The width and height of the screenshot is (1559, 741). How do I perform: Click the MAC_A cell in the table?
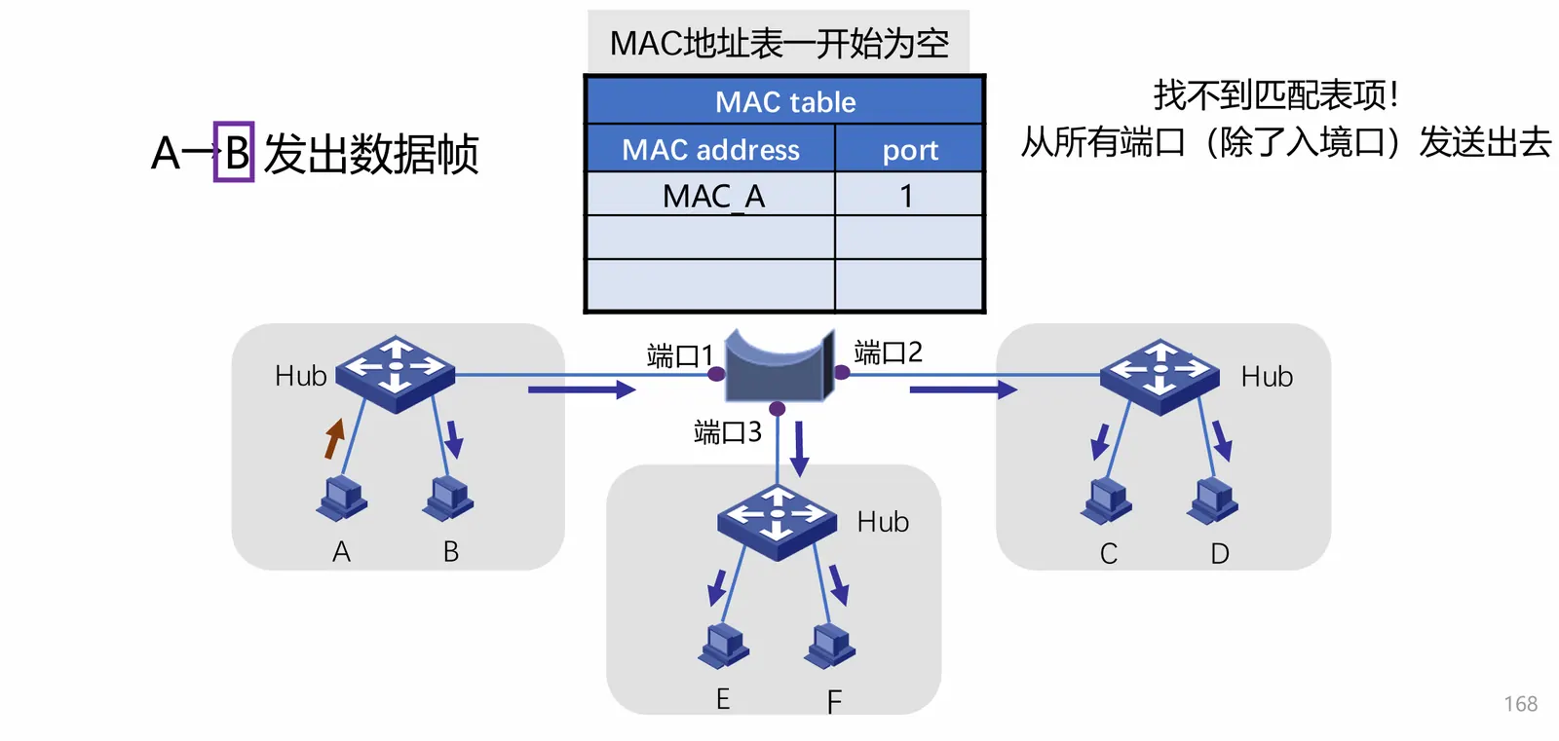click(712, 196)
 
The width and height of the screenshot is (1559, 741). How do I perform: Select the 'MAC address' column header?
click(710, 150)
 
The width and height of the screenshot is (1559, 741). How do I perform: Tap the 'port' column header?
click(909, 150)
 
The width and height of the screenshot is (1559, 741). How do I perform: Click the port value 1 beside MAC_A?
click(907, 196)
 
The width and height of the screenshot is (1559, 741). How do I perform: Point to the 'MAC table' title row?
click(784, 101)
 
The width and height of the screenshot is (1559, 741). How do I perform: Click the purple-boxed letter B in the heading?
click(234, 152)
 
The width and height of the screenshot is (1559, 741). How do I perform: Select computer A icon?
click(342, 497)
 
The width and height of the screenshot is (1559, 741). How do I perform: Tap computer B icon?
click(448, 497)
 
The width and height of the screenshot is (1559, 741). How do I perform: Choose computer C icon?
click(1107, 500)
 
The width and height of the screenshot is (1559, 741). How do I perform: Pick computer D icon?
click(1213, 500)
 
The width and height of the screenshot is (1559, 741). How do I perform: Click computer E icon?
click(724, 645)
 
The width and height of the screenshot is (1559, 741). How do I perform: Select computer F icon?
click(830, 645)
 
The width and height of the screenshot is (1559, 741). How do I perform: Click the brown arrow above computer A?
click(334, 438)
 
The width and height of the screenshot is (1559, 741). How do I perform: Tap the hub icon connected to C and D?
click(1160, 376)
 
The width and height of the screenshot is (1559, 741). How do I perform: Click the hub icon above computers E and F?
click(777, 522)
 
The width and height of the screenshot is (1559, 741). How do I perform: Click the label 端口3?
click(727, 431)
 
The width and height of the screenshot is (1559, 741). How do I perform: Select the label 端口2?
click(888, 352)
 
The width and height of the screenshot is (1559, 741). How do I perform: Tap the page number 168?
click(1520, 704)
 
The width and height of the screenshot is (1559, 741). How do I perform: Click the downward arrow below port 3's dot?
click(799, 448)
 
